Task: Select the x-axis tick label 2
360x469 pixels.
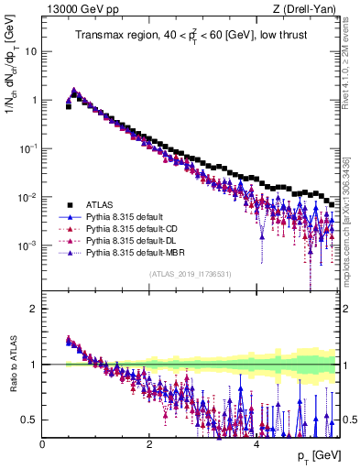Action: point(149,444)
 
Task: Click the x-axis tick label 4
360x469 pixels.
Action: point(256,444)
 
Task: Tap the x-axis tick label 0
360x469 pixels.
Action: point(42,444)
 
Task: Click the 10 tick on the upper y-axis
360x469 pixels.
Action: point(31,51)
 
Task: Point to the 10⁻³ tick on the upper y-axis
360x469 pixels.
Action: point(27,245)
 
